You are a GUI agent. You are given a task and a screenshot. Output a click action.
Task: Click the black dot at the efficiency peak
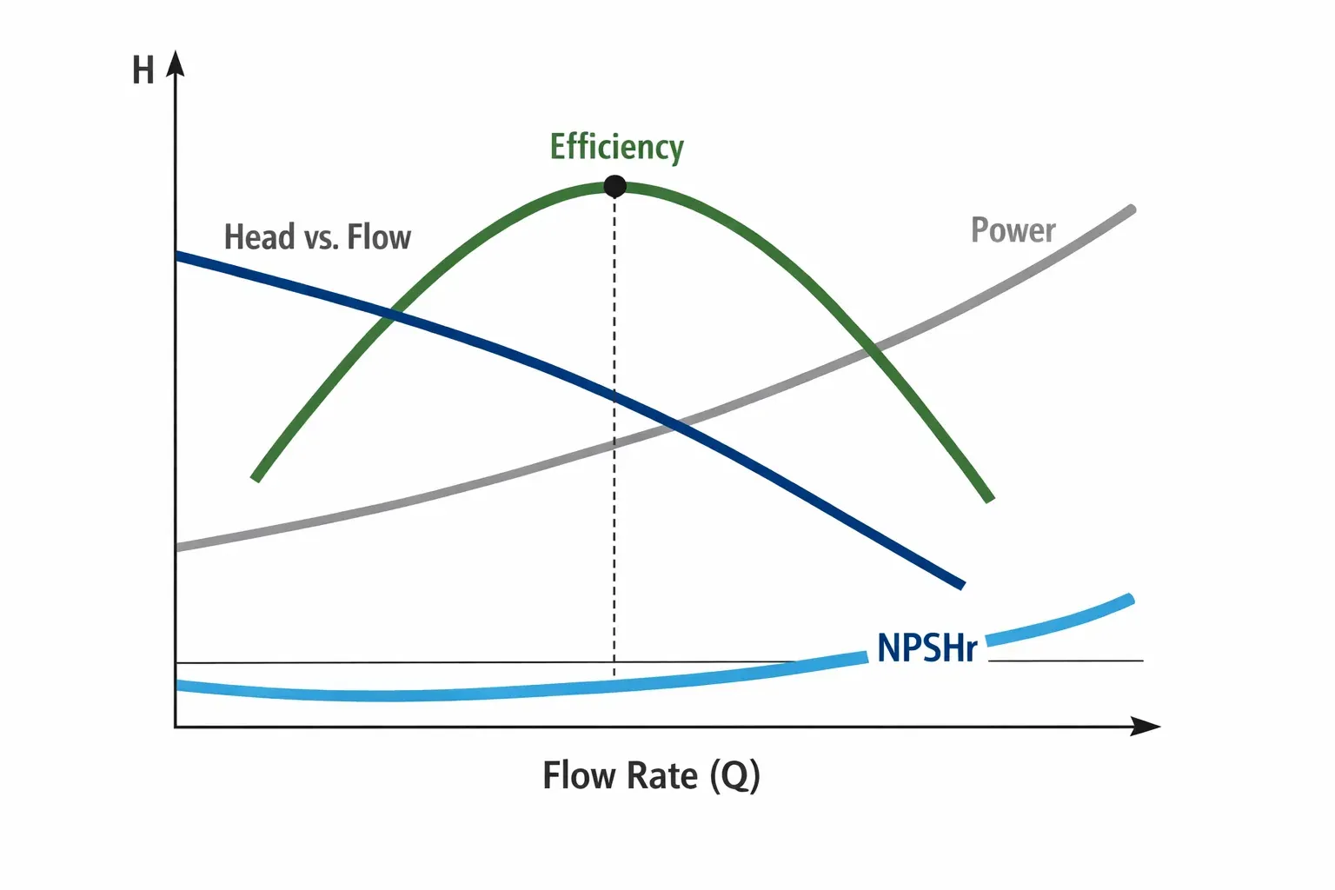pos(614,186)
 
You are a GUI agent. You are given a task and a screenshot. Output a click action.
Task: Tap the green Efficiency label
pos(617,147)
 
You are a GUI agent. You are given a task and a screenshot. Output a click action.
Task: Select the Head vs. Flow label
pos(317,237)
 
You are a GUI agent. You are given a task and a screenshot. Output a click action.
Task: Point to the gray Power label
pos(1013,230)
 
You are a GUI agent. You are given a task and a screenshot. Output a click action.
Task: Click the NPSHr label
pos(927,648)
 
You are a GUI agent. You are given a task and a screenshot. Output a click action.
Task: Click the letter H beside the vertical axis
pos(143,70)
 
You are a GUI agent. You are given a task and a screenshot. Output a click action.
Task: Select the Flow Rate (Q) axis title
pos(651,775)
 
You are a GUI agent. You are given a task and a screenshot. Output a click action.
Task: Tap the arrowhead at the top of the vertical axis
pos(176,63)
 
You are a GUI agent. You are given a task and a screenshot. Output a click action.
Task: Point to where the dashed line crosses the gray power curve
pos(614,443)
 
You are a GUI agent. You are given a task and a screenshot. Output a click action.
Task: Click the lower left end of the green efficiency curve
pos(256,477)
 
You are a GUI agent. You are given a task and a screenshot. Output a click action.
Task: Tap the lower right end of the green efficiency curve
pos(990,499)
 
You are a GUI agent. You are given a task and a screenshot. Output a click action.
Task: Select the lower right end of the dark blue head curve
pos(962,585)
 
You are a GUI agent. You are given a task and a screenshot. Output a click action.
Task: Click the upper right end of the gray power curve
pos(1132,209)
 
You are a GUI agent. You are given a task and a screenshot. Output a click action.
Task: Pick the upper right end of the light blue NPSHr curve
pos(1131,599)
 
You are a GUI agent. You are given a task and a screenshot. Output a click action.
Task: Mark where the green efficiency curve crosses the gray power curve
pos(873,349)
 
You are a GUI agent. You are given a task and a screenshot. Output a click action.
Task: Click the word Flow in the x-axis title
pos(575,775)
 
